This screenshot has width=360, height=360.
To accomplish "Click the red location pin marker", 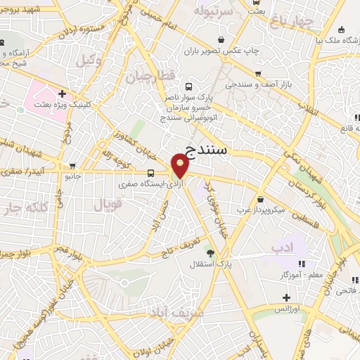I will (181, 166).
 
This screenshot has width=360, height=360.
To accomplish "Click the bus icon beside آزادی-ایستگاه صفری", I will (151, 172).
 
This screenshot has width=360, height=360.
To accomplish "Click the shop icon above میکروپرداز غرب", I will (261, 199).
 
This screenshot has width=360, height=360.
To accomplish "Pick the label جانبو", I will (74, 176).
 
